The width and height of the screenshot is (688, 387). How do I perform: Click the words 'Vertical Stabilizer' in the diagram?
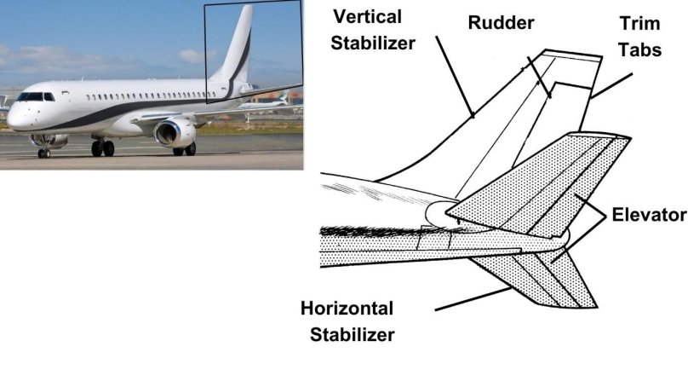tap(375, 28)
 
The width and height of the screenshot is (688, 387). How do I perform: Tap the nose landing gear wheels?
tap(43, 153)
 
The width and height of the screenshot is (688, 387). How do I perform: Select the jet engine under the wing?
tap(175, 131)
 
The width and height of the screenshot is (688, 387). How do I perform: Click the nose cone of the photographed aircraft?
tap(11, 117)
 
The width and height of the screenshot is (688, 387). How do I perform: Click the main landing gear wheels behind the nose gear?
tap(103, 148)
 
